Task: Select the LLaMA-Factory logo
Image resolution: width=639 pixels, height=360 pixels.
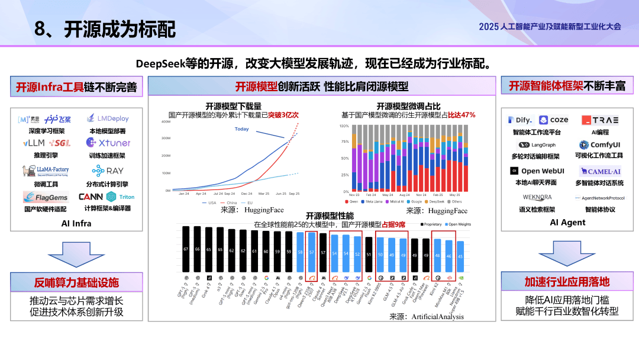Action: pyautogui.click(x=45, y=171)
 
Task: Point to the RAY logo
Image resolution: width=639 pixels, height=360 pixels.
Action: pyautogui.click(x=107, y=171)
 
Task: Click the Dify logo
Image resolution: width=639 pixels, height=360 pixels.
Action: pyautogui.click(x=520, y=120)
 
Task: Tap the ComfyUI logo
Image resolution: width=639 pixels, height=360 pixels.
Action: pyautogui.click(x=599, y=144)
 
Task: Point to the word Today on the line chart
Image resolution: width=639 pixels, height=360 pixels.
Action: pyautogui.click(x=241, y=129)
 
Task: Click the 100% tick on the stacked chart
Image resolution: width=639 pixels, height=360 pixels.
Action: pyautogui.click(x=344, y=126)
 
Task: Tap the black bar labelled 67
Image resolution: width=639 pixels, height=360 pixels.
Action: pyautogui.click(x=185, y=249)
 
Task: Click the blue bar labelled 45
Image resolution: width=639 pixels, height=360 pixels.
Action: pyautogui.click(x=460, y=256)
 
